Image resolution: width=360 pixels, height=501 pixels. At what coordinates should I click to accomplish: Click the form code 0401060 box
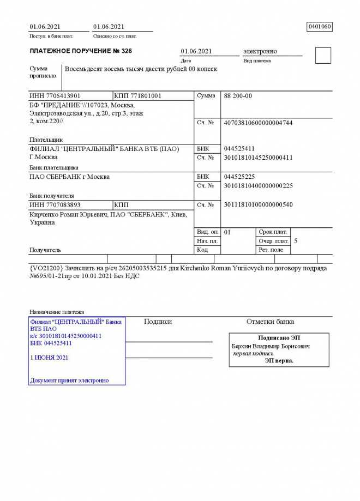[x=320, y=27]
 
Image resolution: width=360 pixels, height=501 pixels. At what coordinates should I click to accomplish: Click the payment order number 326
[x=125, y=51]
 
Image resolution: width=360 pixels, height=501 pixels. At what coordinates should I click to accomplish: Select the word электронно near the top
[x=260, y=51]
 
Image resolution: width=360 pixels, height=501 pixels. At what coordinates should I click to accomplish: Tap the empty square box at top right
[x=323, y=56]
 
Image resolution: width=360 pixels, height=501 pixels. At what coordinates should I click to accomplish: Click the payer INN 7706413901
[x=55, y=96]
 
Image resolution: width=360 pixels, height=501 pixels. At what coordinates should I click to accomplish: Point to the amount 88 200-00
[x=238, y=96]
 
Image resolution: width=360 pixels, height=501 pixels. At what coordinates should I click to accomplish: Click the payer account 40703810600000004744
[x=259, y=123]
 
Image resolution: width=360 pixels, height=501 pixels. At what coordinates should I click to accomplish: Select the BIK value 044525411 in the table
[x=239, y=149]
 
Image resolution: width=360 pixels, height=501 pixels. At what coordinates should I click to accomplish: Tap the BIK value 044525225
[x=239, y=177]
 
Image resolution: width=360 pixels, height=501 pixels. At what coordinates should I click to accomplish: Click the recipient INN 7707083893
[x=55, y=205]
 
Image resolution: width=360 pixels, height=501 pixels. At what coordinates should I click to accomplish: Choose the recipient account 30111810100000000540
[x=259, y=205]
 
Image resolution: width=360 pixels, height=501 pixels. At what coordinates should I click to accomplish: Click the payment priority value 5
[x=296, y=240]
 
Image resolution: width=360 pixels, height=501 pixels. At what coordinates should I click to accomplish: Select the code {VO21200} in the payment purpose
[x=46, y=268]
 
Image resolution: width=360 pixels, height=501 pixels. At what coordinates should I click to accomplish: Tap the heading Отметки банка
[x=270, y=322]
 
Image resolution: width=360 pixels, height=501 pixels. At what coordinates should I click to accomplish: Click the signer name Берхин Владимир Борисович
[x=271, y=346]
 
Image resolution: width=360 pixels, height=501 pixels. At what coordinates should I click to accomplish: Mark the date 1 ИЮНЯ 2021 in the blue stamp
[x=49, y=358]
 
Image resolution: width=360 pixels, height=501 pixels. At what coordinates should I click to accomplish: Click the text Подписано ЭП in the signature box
[x=279, y=338]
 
